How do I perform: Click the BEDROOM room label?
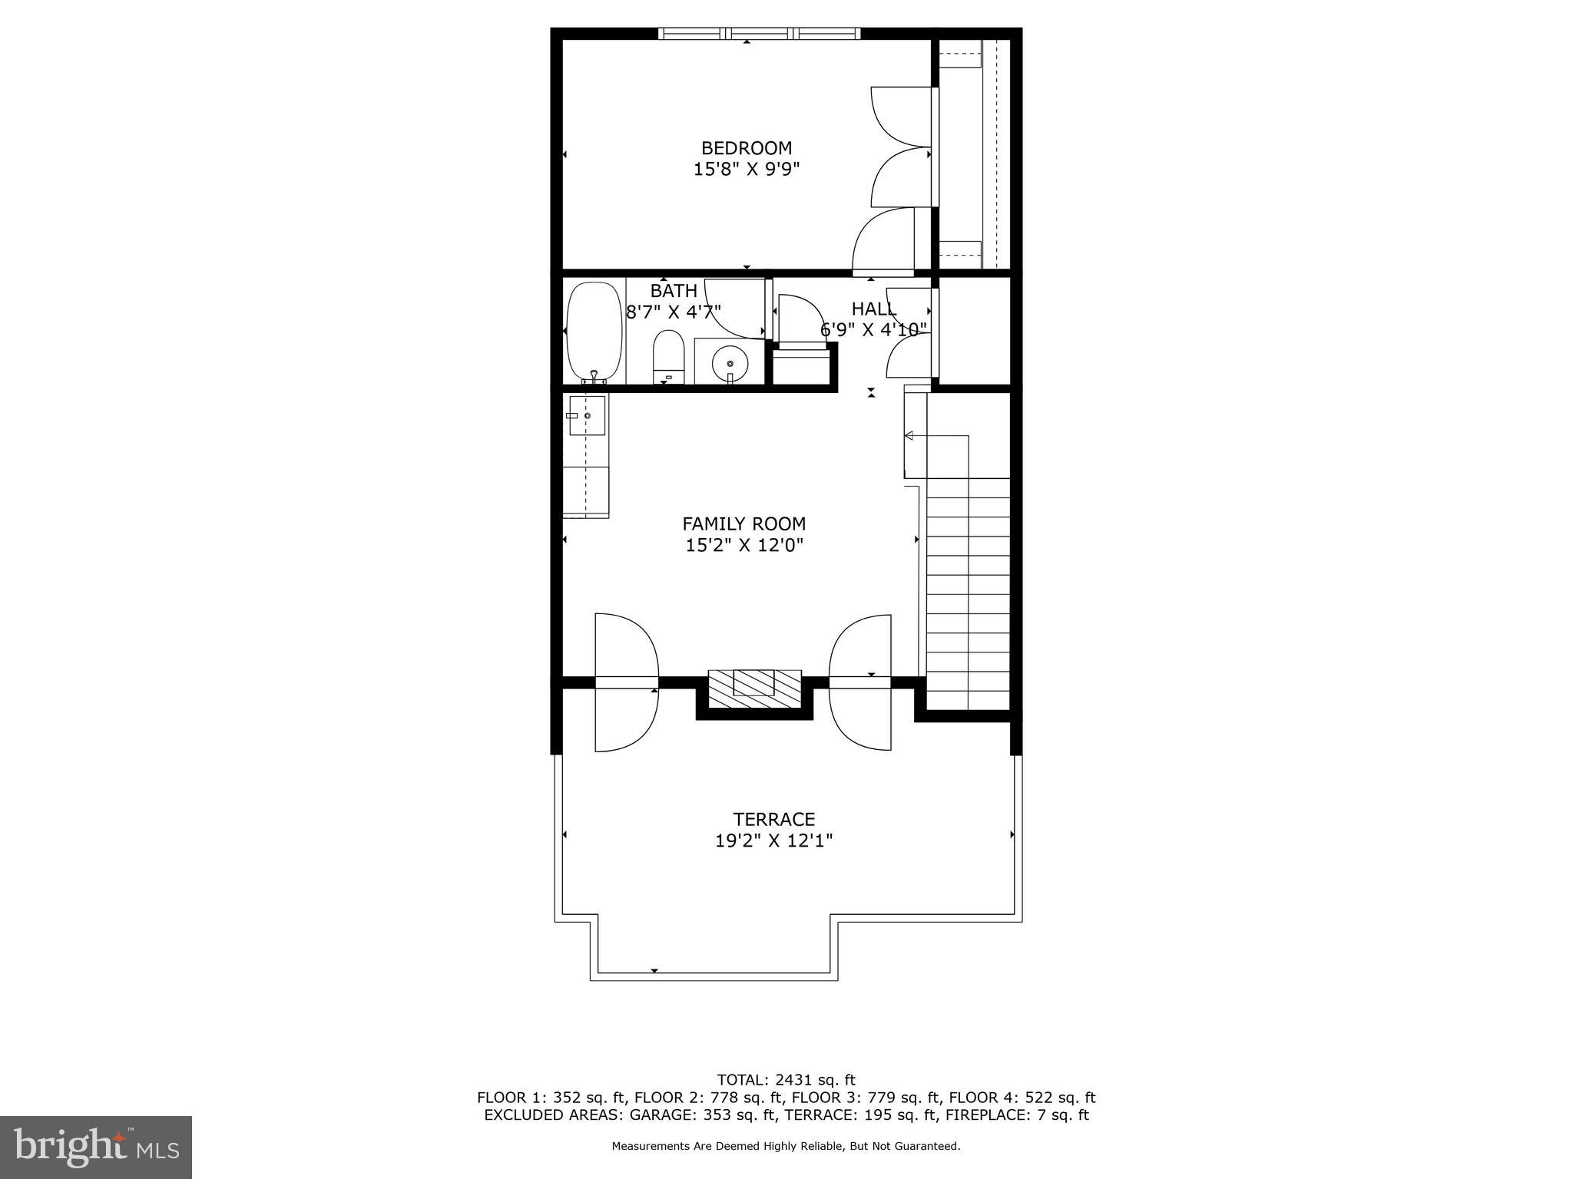746,147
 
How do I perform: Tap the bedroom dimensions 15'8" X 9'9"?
746,169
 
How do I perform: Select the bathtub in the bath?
594,332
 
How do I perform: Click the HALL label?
873,309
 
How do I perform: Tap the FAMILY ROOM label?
743,523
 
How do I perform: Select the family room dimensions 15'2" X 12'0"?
743,546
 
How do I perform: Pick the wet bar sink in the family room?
587,415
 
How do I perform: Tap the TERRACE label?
773,819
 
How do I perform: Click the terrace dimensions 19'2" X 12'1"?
773,840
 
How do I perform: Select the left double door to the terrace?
626,682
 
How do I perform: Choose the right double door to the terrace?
860,682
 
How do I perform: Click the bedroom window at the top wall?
759,33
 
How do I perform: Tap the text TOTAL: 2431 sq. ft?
786,1080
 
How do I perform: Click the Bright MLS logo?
96,1147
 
